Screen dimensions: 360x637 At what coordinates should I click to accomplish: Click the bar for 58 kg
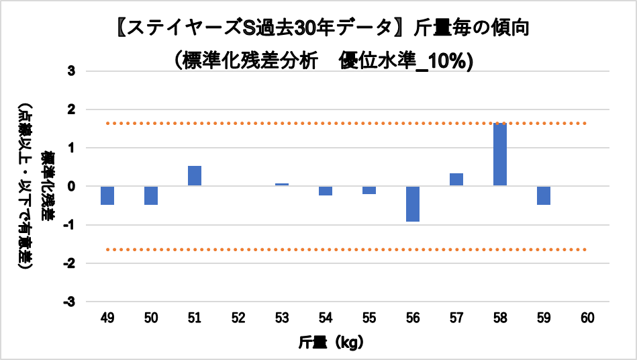point(500,154)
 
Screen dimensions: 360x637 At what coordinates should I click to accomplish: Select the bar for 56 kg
point(413,204)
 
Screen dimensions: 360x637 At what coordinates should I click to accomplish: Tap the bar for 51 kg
point(195,176)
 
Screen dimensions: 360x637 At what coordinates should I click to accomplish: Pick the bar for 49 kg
point(107,195)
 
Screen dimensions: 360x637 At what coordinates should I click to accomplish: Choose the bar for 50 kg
point(151,195)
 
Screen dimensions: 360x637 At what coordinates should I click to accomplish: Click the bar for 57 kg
point(456,179)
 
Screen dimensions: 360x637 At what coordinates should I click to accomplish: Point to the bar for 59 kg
point(544,195)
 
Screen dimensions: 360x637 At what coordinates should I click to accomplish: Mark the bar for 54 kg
point(326,191)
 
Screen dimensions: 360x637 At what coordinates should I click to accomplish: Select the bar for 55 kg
point(369,190)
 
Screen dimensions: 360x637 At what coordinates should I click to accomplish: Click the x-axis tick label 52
point(238,318)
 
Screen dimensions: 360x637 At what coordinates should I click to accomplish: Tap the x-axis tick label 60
point(587,318)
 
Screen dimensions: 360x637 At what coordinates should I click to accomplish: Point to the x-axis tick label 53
point(282,318)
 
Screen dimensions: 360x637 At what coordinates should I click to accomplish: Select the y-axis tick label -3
point(69,302)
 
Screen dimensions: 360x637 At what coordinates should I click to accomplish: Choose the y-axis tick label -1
point(69,224)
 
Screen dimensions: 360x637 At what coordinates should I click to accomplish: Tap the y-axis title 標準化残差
point(47,186)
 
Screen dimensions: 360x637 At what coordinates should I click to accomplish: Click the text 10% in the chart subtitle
point(454,60)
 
